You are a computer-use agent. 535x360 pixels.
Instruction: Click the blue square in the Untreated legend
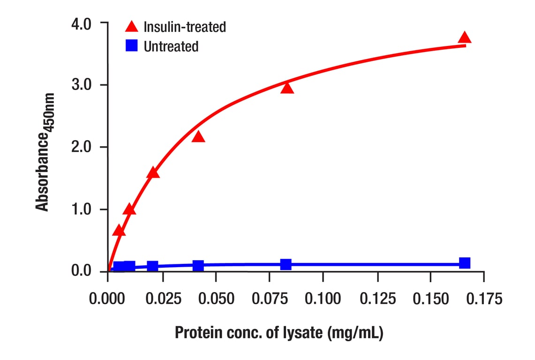point(132,45)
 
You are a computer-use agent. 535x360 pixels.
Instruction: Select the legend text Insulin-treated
point(184,27)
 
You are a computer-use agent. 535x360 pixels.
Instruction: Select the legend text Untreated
point(171,46)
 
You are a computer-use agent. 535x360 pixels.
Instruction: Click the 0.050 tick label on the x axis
point(215,298)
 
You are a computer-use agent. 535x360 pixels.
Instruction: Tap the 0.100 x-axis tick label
point(323,298)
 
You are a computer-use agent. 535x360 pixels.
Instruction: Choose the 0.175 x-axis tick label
point(484,298)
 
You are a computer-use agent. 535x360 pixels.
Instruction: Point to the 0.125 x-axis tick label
point(377,298)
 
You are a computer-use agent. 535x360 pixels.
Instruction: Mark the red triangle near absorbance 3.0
point(287,88)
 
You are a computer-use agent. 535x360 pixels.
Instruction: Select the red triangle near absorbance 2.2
point(198,137)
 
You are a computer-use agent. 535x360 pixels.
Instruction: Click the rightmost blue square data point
point(465,263)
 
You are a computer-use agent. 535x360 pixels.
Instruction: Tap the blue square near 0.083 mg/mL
point(286,264)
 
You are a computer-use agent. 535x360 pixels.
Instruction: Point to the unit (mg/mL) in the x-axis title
point(357,333)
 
